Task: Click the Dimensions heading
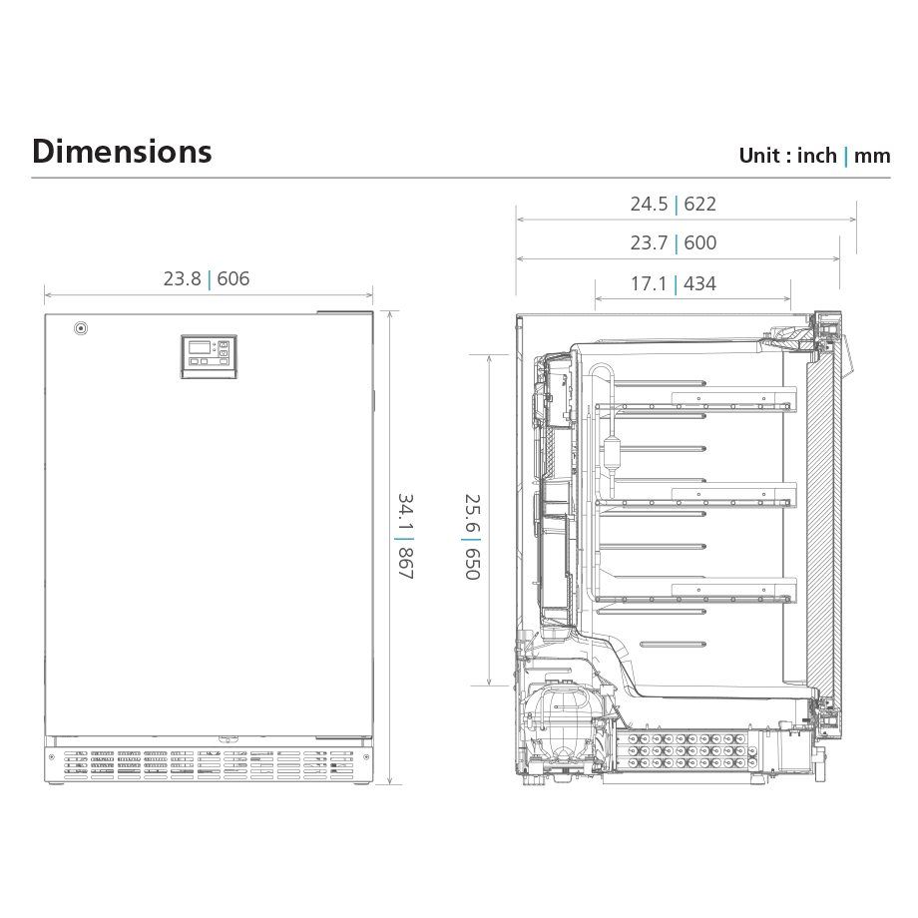coord(122,152)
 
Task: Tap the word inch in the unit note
coord(816,156)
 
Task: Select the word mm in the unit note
coord(872,157)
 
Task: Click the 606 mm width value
coord(233,278)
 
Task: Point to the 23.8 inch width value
coord(182,278)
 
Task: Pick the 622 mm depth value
coord(699,204)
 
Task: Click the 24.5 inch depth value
coord(649,204)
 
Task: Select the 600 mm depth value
coord(699,242)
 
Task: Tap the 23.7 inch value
coord(649,242)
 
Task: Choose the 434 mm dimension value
coord(699,284)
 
